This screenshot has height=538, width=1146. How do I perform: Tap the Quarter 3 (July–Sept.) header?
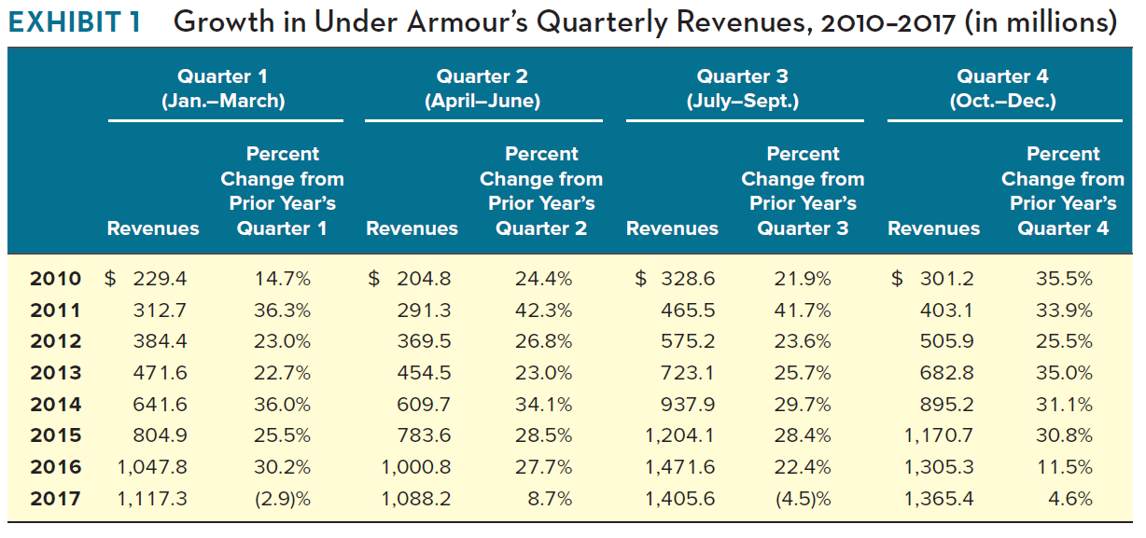click(743, 90)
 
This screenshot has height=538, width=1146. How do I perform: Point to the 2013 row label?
click(55, 373)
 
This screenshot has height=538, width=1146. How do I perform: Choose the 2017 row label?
click(55, 499)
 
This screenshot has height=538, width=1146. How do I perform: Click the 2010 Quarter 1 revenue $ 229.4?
click(146, 279)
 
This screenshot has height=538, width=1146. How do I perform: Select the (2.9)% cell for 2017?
click(283, 499)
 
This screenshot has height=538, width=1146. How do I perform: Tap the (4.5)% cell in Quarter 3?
click(803, 499)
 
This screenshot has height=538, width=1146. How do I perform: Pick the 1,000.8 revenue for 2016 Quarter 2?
click(416, 467)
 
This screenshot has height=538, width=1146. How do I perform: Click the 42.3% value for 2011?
click(544, 310)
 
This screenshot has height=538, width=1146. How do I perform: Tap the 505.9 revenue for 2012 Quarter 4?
click(947, 341)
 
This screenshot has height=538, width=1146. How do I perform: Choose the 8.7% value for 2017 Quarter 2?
click(550, 499)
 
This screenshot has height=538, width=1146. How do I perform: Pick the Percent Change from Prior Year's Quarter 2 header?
click(541, 191)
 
